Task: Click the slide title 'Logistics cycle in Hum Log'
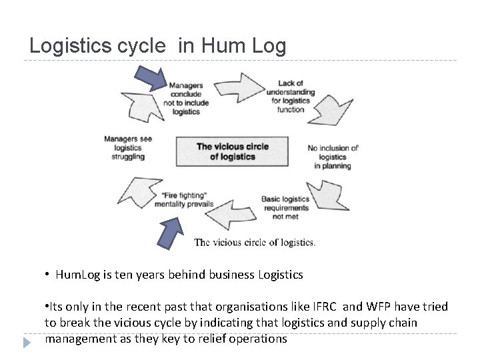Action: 158,46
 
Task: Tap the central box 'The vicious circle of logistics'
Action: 232,151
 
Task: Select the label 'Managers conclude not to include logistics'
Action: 186,99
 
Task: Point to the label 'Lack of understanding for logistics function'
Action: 291,97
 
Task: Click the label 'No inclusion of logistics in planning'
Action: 333,157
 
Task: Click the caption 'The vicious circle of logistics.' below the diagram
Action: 255,242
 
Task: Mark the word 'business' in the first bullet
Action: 227,274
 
